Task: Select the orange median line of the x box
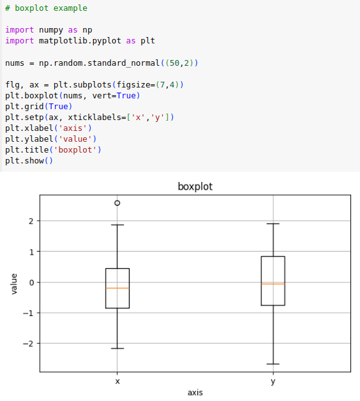117,288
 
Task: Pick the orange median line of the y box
273,284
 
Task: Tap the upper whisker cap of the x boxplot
117,225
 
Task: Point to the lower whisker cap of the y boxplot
273,364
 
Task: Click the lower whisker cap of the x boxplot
117,348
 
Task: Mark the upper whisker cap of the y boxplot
273,223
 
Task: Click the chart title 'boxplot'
195,186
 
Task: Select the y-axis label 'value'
14,284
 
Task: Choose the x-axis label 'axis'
195,393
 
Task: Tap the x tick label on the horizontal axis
117,382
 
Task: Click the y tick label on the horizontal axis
273,382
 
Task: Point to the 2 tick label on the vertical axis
31,221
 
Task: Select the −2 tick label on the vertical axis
28,344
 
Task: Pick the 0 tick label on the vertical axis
31,283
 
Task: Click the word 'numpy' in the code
51,31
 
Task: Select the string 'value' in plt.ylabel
75,139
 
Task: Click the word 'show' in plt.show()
34,161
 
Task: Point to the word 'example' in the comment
70,9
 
